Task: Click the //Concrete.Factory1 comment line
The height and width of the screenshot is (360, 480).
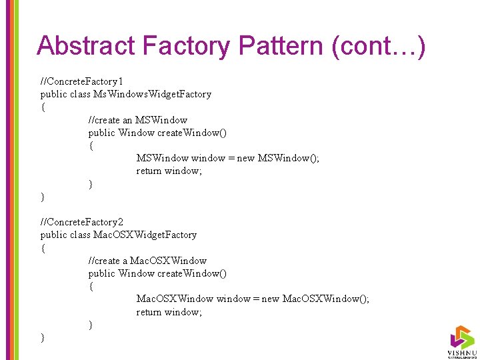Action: [x=82, y=81]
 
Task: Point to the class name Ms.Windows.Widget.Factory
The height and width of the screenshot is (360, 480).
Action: [x=154, y=94]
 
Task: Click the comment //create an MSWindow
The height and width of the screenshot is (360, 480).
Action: [x=138, y=120]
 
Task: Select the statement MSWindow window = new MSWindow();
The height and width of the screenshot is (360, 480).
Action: [x=227, y=158]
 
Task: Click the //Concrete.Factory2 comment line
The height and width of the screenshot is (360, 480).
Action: [x=82, y=222]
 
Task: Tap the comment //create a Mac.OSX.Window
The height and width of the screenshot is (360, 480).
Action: [x=147, y=261]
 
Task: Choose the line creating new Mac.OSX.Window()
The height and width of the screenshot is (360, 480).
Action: [x=253, y=299]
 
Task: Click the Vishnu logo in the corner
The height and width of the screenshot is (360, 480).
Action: [x=461, y=341]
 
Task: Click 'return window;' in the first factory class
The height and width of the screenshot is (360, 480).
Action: [x=169, y=171]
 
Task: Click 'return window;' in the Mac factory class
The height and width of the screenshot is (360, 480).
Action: [x=169, y=312]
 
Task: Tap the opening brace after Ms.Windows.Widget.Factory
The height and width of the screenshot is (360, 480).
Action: [x=43, y=107]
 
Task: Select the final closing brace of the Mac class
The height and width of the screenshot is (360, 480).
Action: [x=43, y=338]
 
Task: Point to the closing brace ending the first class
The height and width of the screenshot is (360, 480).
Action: [x=43, y=197]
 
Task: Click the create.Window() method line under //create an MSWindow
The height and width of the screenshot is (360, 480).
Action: [x=157, y=133]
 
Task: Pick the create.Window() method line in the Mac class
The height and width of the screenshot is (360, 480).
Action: [x=157, y=273]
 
